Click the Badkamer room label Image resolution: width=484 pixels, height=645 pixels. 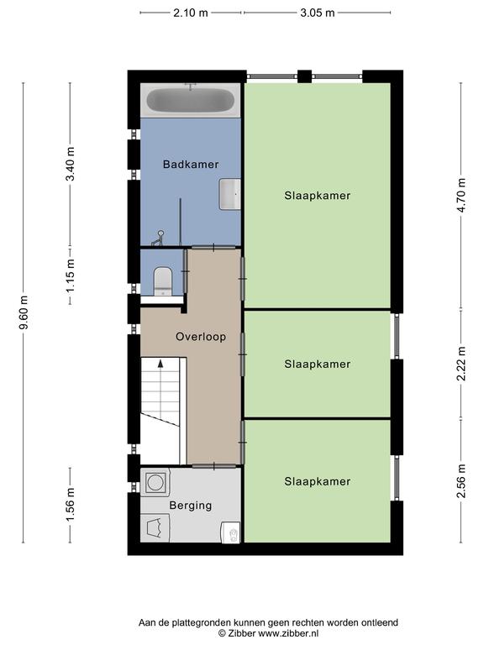pos(191,165)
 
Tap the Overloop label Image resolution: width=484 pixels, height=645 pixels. pos(201,337)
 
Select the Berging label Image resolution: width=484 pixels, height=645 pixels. pos(191,506)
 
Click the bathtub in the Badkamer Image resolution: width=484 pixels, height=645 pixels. pos(191,101)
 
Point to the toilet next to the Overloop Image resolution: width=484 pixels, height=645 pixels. pos(162,281)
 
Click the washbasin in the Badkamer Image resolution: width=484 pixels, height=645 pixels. pos(229,194)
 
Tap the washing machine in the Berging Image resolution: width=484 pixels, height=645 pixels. pos(155,482)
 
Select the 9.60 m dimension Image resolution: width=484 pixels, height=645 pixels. pos(24,312)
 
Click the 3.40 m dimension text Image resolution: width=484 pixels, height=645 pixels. pos(71,164)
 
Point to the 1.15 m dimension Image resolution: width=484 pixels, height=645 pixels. pos(71,276)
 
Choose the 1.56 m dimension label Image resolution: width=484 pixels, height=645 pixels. pos(71,504)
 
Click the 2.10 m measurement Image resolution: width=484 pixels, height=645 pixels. pos(191,13)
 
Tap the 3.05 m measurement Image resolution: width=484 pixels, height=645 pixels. pos(318,13)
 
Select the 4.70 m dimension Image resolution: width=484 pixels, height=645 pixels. pos(461,195)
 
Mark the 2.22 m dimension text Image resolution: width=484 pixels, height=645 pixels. pos(461,364)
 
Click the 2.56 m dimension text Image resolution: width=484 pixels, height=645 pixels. pos(461,481)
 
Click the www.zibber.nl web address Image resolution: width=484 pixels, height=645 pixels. pos(287,633)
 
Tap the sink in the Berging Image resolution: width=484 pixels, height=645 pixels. pos(231,532)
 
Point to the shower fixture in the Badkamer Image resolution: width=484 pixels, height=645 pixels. pos(159,239)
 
